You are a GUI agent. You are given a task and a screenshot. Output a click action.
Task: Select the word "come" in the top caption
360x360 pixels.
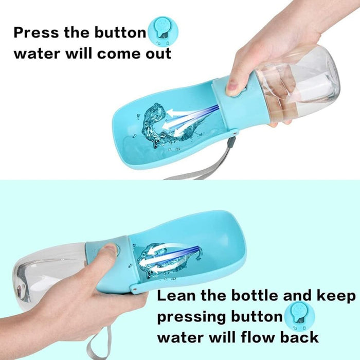click(x=118, y=53)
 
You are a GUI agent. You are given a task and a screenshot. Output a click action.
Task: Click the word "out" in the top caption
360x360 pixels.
click(x=156, y=53)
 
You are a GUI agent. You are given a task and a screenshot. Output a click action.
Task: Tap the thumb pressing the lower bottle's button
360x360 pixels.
click(x=109, y=252)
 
